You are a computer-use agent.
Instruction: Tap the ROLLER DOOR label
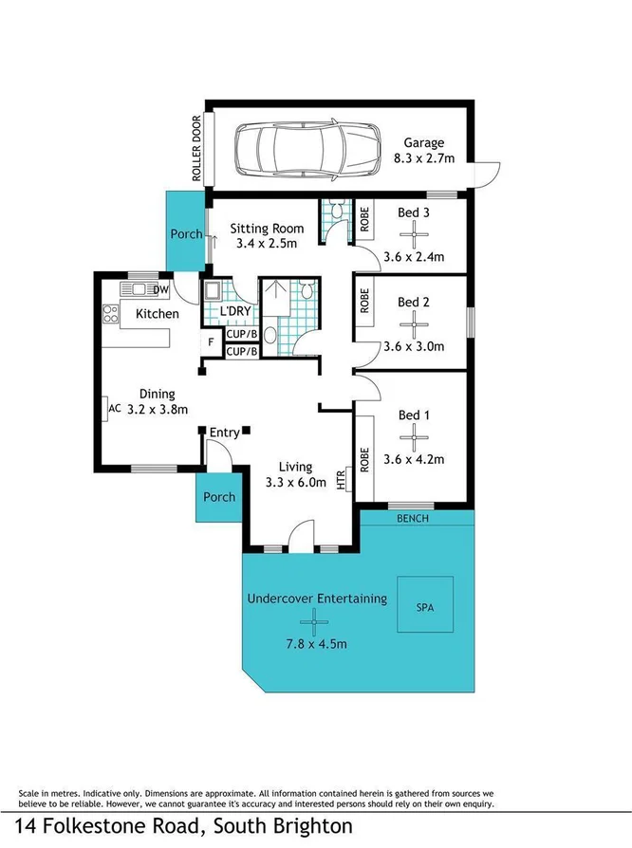(x=197, y=149)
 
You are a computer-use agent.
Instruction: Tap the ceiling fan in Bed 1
(x=414, y=436)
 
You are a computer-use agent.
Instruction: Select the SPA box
(x=424, y=607)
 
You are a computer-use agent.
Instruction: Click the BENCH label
(x=413, y=519)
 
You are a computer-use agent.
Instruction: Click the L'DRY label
(x=234, y=312)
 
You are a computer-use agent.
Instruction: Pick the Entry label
(x=225, y=433)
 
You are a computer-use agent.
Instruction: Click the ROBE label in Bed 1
(x=364, y=459)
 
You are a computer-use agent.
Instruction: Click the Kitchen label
(x=158, y=313)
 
